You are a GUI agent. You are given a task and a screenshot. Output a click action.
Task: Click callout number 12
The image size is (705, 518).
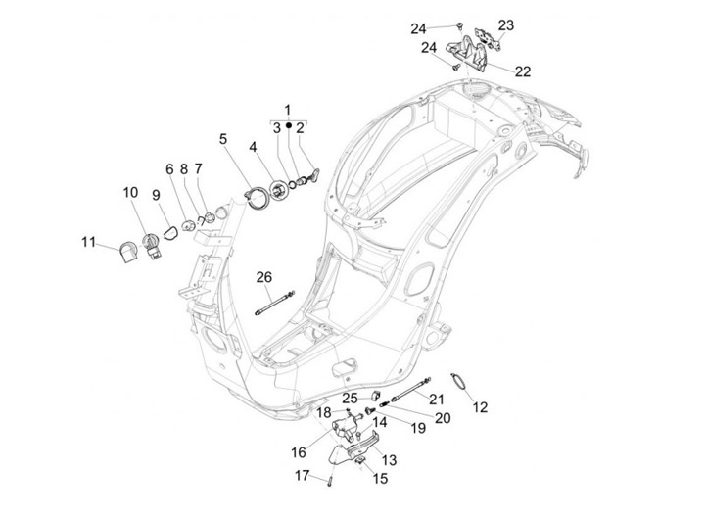coord(480,406)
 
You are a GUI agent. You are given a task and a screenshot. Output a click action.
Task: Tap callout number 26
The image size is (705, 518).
coord(264,277)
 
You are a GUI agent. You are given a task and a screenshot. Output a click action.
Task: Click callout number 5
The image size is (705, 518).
coord(223,139)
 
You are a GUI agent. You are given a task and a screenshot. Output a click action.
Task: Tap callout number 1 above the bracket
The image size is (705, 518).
coord(288,109)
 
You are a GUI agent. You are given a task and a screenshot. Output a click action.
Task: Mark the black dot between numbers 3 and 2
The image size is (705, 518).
coord(288,127)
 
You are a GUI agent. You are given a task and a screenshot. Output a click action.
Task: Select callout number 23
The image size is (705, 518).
coord(505,24)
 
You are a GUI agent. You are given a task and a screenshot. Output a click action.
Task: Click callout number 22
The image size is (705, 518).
coord(522,71)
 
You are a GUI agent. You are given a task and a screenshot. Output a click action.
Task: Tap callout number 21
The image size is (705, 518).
coord(436,399)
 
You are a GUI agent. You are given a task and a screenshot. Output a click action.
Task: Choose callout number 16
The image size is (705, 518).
coord(299,451)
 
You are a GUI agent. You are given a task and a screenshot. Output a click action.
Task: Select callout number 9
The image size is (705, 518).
coord(155,196)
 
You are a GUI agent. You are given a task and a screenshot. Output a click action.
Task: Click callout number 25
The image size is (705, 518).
coord(350,398)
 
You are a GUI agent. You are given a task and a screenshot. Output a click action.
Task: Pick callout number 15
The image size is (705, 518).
coord(380,479)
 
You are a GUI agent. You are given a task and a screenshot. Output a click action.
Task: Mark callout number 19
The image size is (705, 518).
coord(417,429)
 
